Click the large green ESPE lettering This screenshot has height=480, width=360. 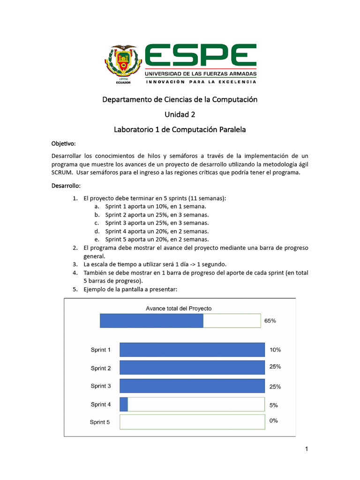click(200, 56)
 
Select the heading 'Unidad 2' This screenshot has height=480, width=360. click(180, 114)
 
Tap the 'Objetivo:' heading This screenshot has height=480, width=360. click(63, 143)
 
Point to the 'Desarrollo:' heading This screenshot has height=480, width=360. click(66, 186)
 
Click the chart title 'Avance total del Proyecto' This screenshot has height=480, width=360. click(179, 308)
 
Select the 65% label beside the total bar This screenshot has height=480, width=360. click(270, 321)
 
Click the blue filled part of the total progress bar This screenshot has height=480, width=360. click(151, 321)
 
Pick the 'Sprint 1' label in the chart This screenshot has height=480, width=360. click(101, 350)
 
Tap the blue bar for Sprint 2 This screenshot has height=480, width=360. click(192, 368)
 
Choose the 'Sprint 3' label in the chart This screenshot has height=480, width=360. click(101, 386)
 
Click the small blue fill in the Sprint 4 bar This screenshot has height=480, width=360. click(124, 404)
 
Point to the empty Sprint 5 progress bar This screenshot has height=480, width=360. click(192, 422)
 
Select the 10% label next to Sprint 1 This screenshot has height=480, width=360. click(275, 350)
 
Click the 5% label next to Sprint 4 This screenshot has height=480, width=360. click(274, 405)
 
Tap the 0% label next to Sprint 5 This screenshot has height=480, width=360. click(274, 420)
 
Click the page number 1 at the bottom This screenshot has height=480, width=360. click(307, 450)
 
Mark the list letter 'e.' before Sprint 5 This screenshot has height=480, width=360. click(97, 240)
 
